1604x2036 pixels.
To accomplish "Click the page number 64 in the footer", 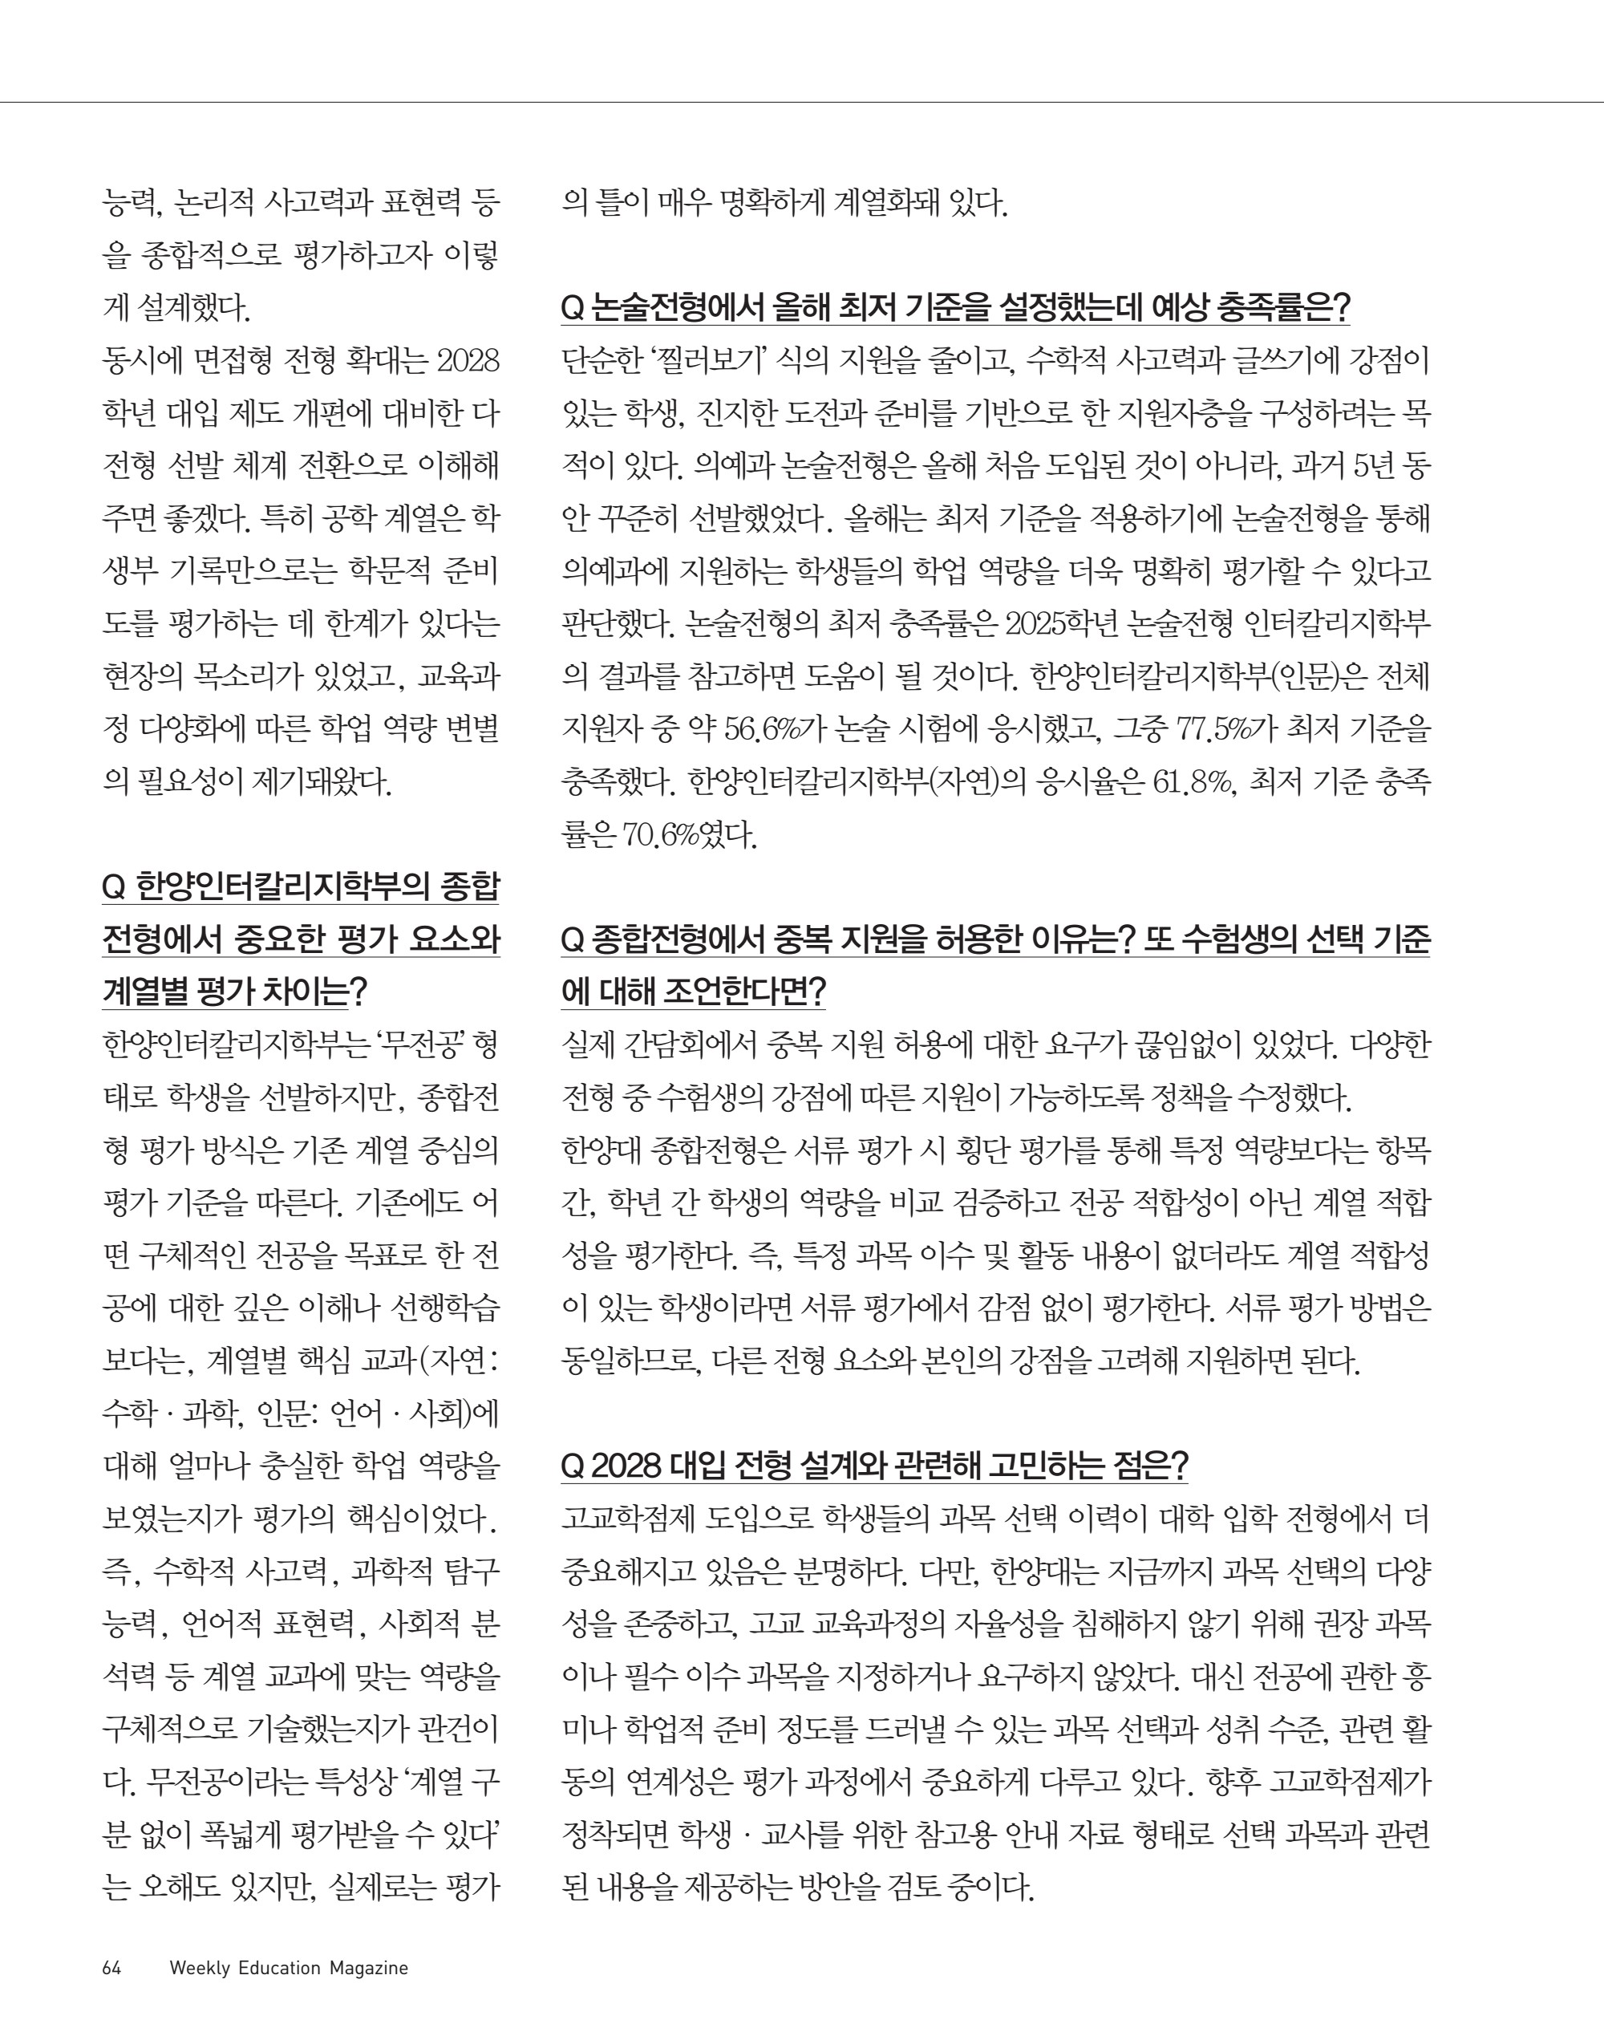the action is click(x=111, y=1969).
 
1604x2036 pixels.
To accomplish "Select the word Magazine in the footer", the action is click(x=368, y=1969).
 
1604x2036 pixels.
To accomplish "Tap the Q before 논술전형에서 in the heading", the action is click(x=573, y=307).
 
